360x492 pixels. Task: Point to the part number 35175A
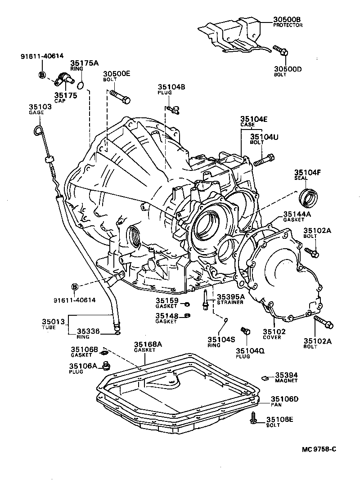click(84, 63)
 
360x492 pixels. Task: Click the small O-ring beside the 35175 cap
click(81, 85)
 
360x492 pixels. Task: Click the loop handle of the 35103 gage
click(38, 131)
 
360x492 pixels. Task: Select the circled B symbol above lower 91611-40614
click(75, 287)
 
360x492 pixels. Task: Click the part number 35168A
click(148, 344)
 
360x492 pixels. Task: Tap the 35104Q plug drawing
click(246, 331)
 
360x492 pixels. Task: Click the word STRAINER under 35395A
click(230, 302)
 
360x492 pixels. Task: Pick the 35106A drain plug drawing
click(106, 365)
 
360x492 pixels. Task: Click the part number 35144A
click(297, 215)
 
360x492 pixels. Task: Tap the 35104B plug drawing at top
click(172, 107)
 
